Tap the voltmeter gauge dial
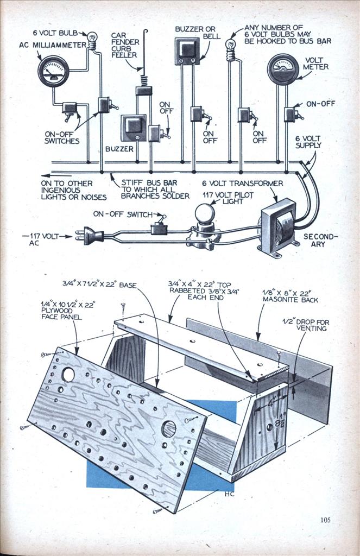(x=283, y=69)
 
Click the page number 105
(x=325, y=520)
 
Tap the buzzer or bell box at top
(x=188, y=51)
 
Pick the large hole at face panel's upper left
(x=68, y=375)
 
